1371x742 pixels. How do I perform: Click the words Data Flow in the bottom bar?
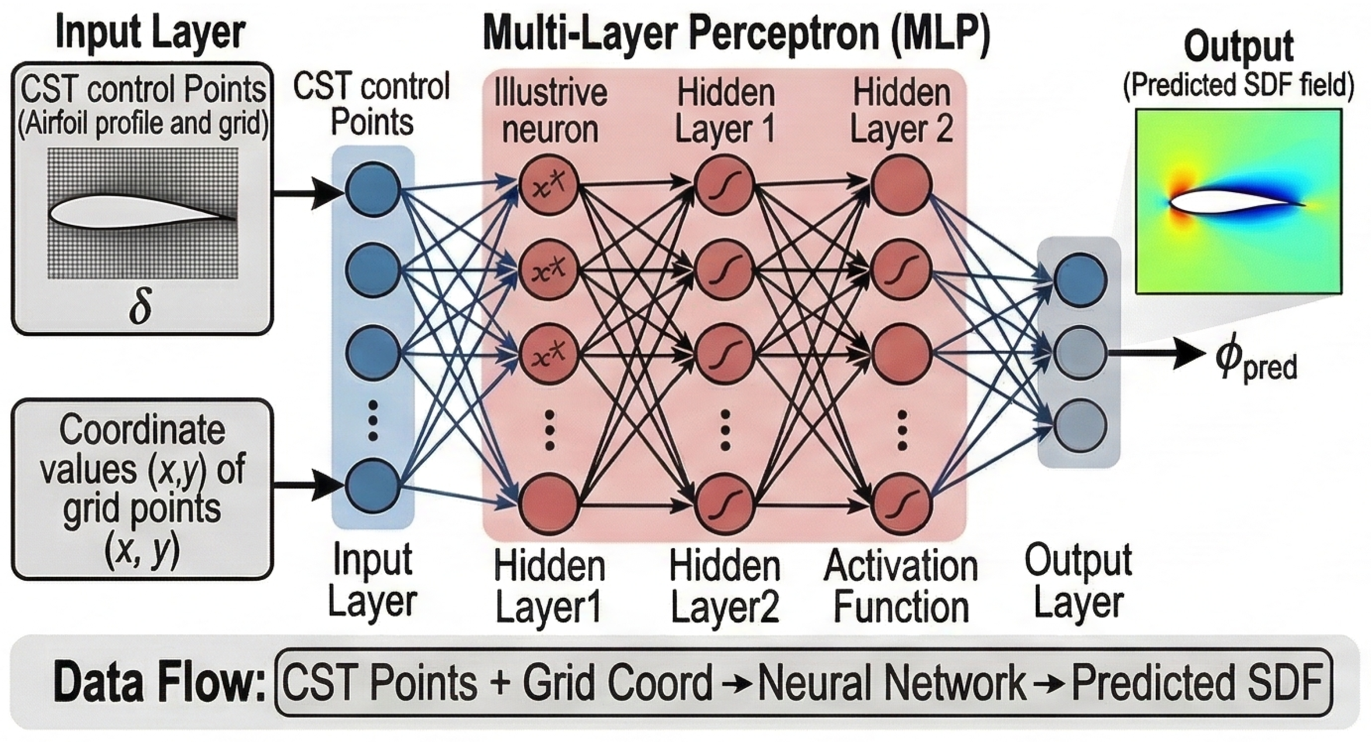[x=159, y=682]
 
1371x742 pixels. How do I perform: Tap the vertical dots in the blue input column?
[x=372, y=420]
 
